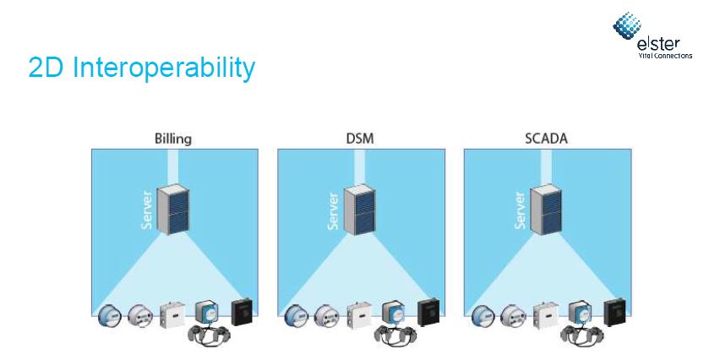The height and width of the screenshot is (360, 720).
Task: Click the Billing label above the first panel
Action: point(173,139)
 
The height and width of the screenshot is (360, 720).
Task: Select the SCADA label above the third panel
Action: point(547,139)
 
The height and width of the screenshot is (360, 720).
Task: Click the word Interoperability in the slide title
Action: point(164,68)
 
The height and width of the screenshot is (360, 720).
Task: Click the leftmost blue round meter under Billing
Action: point(110,316)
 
